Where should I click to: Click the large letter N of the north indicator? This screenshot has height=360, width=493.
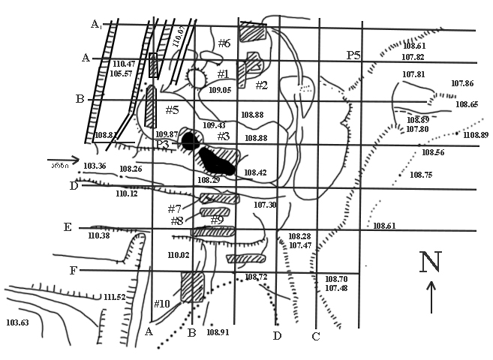(429, 262)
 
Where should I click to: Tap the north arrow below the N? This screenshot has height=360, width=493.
(431, 296)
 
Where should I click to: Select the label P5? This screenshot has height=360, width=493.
(353, 55)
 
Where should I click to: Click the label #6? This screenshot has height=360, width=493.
(224, 43)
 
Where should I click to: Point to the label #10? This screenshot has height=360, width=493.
(162, 304)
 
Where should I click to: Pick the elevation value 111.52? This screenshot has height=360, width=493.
(115, 297)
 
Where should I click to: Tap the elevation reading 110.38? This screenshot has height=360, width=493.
(98, 235)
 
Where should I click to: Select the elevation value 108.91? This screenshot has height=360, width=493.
(216, 331)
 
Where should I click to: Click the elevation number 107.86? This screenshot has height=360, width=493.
(462, 83)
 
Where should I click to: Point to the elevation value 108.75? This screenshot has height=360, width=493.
(421, 174)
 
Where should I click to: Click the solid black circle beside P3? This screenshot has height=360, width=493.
(190, 141)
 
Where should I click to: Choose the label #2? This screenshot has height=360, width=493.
(261, 85)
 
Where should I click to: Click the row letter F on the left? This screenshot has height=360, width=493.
(73, 268)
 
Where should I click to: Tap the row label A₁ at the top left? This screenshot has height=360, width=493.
(96, 25)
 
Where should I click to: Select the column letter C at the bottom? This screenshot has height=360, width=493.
(316, 336)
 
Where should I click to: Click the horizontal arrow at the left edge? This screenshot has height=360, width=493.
(62, 160)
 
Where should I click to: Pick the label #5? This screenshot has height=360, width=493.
(172, 110)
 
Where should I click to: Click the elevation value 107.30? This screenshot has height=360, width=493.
(265, 205)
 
